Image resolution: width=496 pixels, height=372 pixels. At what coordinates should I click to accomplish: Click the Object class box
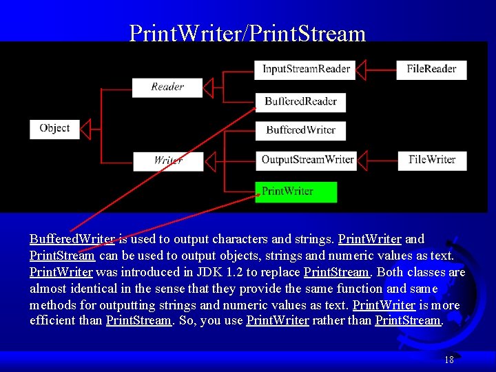(54, 129)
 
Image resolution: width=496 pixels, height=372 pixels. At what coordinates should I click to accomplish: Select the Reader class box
(167, 87)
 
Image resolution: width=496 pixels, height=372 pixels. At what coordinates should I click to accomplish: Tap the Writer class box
(168, 161)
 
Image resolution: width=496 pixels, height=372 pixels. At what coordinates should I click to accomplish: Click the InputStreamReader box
(306, 69)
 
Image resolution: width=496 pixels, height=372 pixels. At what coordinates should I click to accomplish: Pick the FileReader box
(431, 69)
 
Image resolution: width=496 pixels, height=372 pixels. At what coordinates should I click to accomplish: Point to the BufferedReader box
(300, 102)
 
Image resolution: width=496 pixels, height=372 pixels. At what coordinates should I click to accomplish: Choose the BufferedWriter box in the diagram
(300, 130)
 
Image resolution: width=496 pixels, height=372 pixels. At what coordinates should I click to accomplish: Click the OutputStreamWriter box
(307, 160)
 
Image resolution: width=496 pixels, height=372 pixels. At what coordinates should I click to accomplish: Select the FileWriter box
(432, 160)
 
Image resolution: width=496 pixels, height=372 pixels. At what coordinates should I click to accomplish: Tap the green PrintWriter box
(296, 192)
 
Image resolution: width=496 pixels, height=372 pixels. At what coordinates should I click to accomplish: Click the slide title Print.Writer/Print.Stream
(247, 33)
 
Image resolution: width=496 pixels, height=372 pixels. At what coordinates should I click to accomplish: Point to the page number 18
(449, 360)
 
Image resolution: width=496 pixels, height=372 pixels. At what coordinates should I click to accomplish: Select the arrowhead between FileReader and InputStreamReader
(371, 70)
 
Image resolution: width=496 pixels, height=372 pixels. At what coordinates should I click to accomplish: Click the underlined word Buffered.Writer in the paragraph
(72, 239)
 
